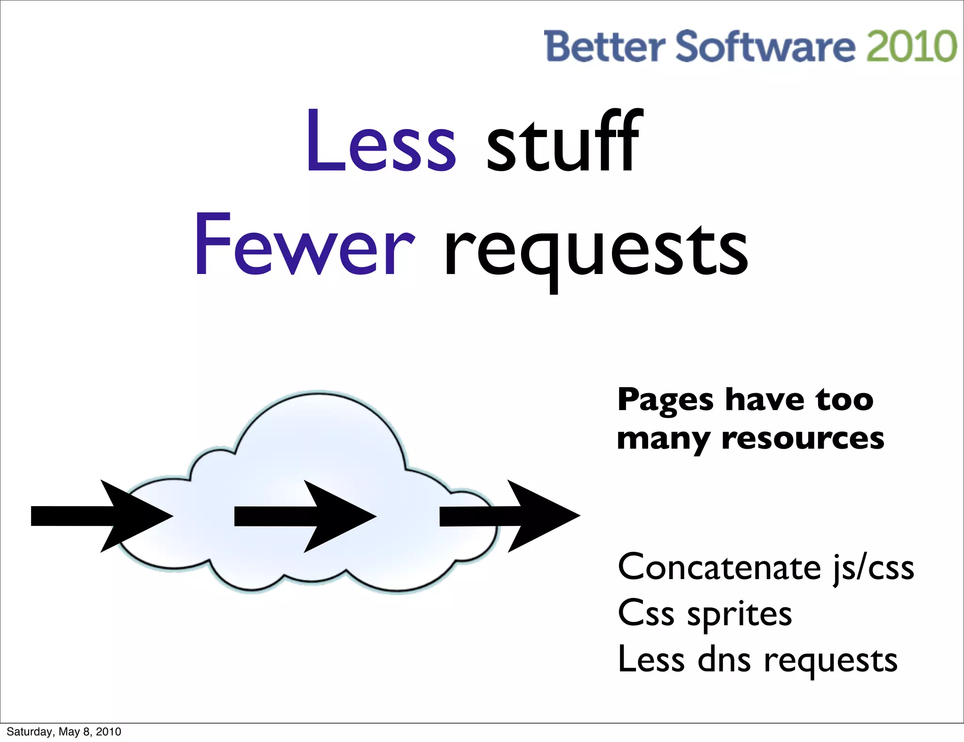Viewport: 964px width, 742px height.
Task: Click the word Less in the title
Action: [381, 141]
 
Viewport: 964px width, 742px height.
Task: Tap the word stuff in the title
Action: [564, 141]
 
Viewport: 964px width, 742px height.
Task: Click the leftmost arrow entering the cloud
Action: [102, 516]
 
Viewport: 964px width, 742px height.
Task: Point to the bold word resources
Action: [803, 439]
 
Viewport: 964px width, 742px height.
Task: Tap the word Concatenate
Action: [719, 567]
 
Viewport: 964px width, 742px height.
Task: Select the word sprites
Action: [739, 614]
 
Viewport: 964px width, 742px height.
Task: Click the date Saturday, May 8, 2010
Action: [64, 732]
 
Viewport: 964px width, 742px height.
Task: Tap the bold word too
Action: [844, 400]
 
